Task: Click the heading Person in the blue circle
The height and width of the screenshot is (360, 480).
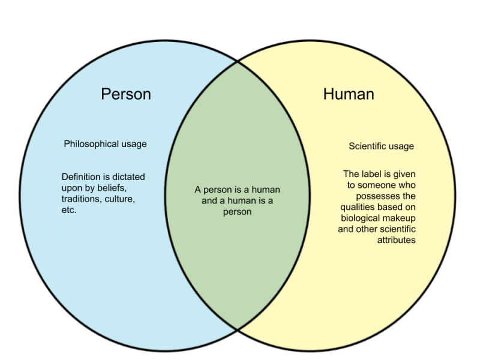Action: pyautogui.click(x=126, y=94)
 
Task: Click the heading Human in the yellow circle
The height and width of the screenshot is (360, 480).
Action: pyautogui.click(x=349, y=94)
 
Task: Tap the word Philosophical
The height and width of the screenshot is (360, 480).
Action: pyautogui.click(x=91, y=144)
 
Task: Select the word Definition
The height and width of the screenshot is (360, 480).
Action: pyautogui.click(x=81, y=176)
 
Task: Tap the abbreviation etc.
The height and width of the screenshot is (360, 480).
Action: pyautogui.click(x=69, y=210)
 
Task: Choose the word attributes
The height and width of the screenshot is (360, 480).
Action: pyautogui.click(x=397, y=240)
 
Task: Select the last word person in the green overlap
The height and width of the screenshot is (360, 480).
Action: pyautogui.click(x=237, y=212)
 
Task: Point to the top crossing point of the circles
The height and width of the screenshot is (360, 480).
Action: pyautogui.click(x=238, y=62)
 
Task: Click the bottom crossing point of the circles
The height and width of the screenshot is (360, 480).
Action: pyautogui.click(x=238, y=329)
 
